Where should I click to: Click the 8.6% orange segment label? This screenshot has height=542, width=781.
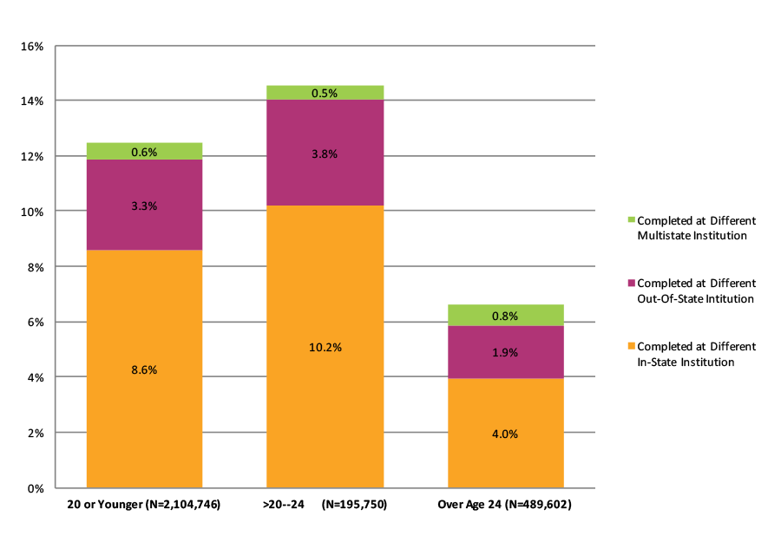(144, 369)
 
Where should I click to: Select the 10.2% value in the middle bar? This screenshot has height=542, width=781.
(325, 347)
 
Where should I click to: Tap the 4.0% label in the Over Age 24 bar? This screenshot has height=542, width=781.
(505, 434)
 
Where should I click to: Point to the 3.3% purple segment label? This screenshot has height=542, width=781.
(144, 206)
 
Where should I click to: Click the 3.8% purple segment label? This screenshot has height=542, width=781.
(325, 153)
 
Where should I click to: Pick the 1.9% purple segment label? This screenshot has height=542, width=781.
(505, 352)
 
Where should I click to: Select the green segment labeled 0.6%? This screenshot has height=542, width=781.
(144, 152)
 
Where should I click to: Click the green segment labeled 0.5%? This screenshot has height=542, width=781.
(325, 93)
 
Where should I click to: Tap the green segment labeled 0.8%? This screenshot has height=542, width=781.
(505, 316)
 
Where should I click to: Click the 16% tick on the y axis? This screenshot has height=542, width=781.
(31, 46)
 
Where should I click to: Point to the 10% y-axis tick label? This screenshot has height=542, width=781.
(31, 212)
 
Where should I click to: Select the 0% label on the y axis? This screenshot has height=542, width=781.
(35, 488)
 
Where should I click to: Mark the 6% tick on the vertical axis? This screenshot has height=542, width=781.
(35, 323)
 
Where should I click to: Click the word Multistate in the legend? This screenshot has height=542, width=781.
(664, 236)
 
